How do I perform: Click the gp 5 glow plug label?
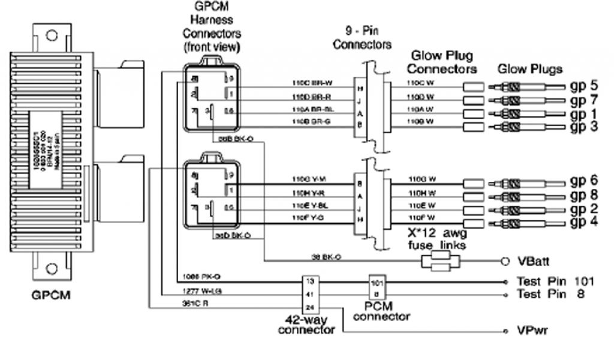point(585,84)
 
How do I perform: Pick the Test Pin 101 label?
point(554,281)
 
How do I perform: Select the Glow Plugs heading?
point(529,69)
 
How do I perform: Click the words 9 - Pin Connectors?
point(362,38)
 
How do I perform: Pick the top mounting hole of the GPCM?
point(52,35)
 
